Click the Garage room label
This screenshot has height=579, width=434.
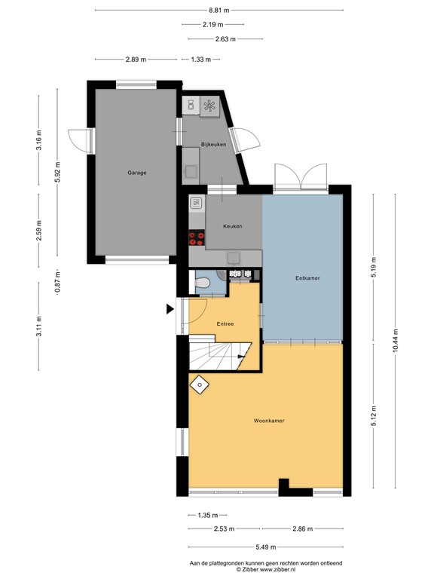click(x=136, y=173)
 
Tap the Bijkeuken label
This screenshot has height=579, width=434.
click(x=212, y=144)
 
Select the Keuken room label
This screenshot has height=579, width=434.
click(x=232, y=225)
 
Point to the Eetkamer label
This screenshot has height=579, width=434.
click(x=307, y=278)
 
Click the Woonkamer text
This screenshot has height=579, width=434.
click(x=267, y=421)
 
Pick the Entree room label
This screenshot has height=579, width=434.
click(x=225, y=323)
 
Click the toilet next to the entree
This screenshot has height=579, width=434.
click(x=201, y=283)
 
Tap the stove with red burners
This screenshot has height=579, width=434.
click(x=197, y=238)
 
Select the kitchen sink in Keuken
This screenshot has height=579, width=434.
click(x=197, y=203)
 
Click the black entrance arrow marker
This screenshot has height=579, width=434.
click(x=170, y=308)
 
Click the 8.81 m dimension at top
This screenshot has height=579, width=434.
click(x=219, y=11)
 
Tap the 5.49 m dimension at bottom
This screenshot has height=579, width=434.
click(x=265, y=547)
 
